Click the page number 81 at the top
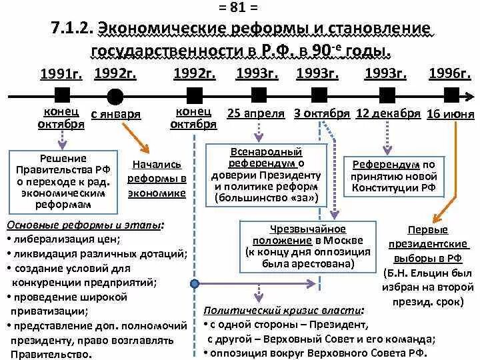click(x=241, y=8)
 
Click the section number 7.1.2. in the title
click(x=71, y=29)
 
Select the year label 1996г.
click(x=450, y=73)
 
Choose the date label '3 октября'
click(x=322, y=113)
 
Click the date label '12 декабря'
click(x=388, y=113)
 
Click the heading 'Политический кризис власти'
click(x=284, y=310)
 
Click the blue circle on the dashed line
click(x=195, y=283)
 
